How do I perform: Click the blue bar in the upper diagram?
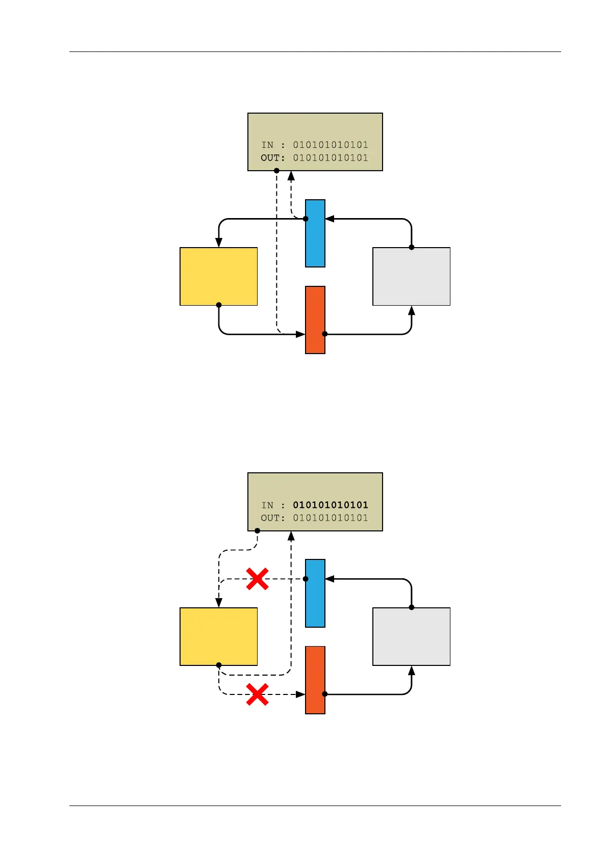315,233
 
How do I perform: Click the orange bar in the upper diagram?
315,319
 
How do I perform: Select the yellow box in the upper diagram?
218,276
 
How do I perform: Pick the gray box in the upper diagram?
411,276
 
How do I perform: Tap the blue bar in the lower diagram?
315,593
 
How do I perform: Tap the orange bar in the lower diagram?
315,680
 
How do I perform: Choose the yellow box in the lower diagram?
218,636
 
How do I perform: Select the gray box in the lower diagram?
411,636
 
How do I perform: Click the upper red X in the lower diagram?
257,579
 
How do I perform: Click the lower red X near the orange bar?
257,694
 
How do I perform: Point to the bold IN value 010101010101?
330,505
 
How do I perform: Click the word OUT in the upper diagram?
270,158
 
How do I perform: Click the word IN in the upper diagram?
267,145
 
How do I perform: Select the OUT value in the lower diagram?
330,518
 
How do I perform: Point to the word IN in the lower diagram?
267,505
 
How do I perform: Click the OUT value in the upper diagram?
330,158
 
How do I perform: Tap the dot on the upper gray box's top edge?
411,248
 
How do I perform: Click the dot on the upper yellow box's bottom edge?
219,305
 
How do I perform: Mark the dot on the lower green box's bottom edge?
257,531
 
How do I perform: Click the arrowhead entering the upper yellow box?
219,243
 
